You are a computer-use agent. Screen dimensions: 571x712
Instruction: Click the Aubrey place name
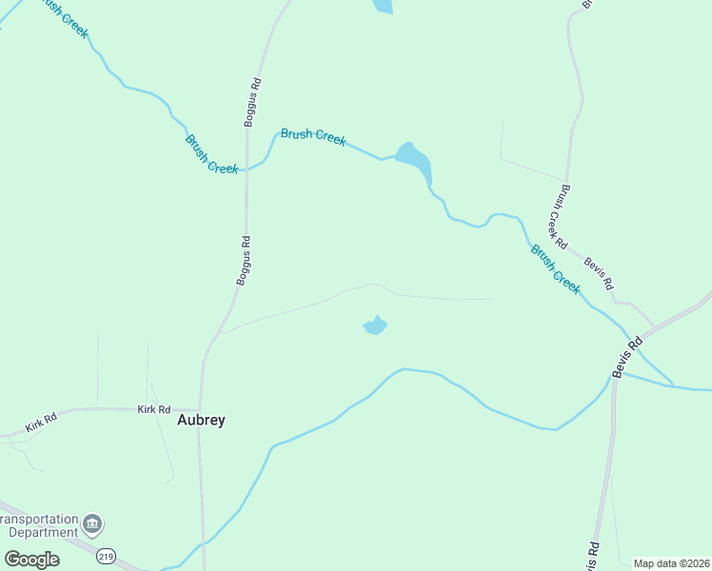(x=202, y=420)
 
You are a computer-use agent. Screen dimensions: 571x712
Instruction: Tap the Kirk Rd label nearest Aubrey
(x=153, y=409)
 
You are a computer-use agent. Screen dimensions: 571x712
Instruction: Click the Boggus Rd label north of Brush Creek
(x=251, y=102)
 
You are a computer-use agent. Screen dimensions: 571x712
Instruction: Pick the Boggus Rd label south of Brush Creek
(x=244, y=260)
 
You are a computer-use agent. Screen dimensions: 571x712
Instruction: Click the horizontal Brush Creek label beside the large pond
(x=313, y=137)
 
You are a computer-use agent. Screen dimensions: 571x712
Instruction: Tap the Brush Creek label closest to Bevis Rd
(x=555, y=269)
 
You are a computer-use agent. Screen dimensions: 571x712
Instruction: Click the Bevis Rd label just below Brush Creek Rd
(x=600, y=273)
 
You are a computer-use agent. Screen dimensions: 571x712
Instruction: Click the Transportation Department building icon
(x=93, y=524)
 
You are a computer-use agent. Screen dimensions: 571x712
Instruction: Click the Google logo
(x=31, y=559)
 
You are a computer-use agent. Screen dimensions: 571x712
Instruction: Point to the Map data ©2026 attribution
(x=672, y=563)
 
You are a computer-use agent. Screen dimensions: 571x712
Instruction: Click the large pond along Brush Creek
(x=415, y=160)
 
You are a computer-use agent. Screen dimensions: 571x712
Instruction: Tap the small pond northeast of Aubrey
(x=375, y=326)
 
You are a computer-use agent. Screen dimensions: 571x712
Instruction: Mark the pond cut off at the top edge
(x=382, y=6)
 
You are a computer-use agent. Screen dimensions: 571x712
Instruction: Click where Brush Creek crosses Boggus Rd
(x=247, y=169)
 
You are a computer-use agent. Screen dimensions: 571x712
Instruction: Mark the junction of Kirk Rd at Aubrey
(x=200, y=410)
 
